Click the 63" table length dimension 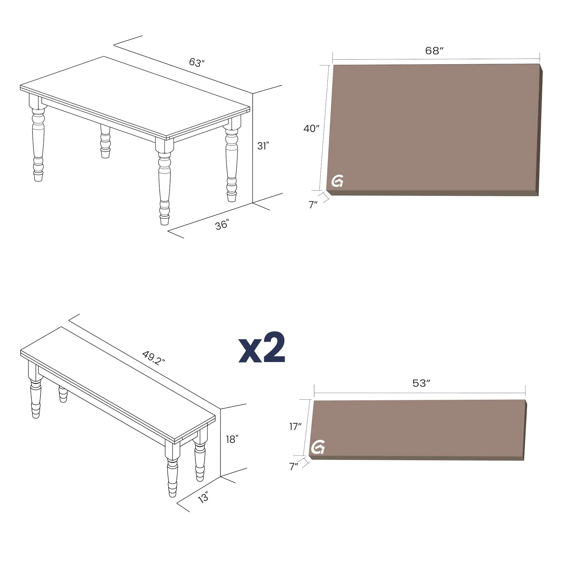pyautogui.click(x=197, y=62)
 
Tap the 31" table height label pyautogui.click(x=263, y=146)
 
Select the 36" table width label pyautogui.click(x=222, y=225)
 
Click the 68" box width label pyautogui.click(x=434, y=51)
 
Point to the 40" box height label pyautogui.click(x=311, y=128)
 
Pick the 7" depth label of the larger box pyautogui.click(x=313, y=204)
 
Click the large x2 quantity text pyautogui.click(x=262, y=347)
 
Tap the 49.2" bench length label pyautogui.click(x=153, y=358)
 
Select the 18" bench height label pyautogui.click(x=232, y=439)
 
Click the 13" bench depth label pyautogui.click(x=203, y=497)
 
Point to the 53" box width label pyautogui.click(x=421, y=383)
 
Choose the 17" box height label pyautogui.click(x=295, y=427)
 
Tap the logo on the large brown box pyautogui.click(x=337, y=181)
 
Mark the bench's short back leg pyautogui.click(x=63, y=394)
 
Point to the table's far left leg pyautogui.click(x=38, y=139)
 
